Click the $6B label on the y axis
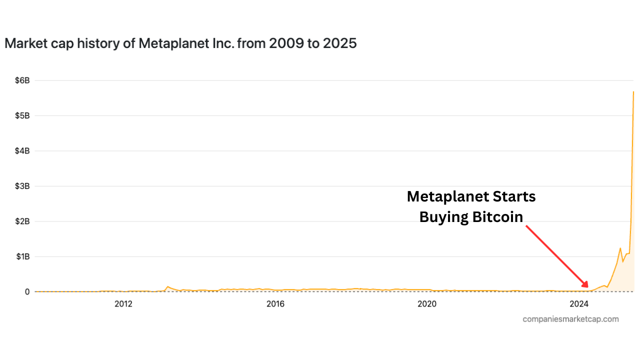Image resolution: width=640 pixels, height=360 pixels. click(22, 80)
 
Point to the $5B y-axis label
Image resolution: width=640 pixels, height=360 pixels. click(22, 115)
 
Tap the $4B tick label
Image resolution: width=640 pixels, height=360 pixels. click(22, 150)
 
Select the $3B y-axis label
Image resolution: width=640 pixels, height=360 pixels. click(22, 186)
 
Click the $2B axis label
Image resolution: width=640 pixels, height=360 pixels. click(22, 221)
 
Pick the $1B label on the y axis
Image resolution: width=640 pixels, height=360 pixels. click(22, 256)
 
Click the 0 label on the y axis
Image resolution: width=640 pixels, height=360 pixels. click(27, 291)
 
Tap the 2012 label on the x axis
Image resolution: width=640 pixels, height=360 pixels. click(123, 303)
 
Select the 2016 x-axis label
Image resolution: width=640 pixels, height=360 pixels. click(275, 303)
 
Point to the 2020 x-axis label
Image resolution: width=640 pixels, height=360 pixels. click(427, 303)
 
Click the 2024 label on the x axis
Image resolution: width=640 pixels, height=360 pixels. click(579, 303)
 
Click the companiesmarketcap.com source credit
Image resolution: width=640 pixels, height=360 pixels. click(570, 319)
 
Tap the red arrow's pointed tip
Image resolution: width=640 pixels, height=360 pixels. click(588, 288)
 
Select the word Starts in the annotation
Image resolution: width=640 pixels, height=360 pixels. click(513, 196)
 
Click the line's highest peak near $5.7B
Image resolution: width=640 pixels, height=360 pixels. click(633, 91)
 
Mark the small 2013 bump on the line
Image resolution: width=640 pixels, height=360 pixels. click(167, 286)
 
